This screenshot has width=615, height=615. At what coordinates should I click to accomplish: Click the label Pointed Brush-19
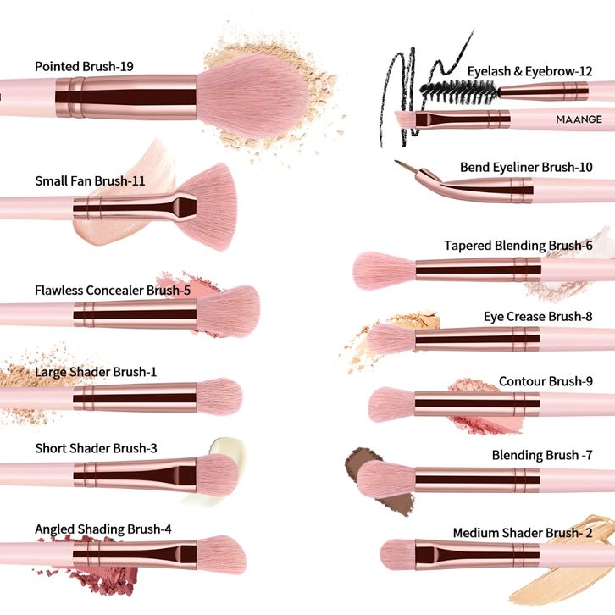pyautogui.click(x=84, y=66)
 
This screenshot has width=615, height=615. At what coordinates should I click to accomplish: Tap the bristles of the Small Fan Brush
pyautogui.click(x=210, y=207)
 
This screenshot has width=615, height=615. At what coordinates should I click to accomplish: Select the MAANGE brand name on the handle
pyautogui.click(x=579, y=119)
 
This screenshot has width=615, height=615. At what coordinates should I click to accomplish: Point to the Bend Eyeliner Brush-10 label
pyautogui.click(x=526, y=167)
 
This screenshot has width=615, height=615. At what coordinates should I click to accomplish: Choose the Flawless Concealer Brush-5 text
pyautogui.click(x=113, y=290)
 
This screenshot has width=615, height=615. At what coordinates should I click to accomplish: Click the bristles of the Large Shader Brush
pyautogui.click(x=220, y=396)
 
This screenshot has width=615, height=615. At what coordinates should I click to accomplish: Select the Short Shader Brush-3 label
pyautogui.click(x=96, y=448)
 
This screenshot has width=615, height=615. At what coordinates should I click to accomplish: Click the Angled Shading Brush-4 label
pyautogui.click(x=103, y=529)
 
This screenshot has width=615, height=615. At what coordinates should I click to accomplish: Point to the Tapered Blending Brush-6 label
pyautogui.click(x=518, y=246)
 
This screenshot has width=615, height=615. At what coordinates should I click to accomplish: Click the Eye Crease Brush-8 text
pyautogui.click(x=538, y=317)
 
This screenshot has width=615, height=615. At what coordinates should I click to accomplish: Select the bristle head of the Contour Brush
pyautogui.click(x=391, y=403)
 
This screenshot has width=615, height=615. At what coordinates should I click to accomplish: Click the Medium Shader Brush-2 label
pyautogui.click(x=522, y=533)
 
